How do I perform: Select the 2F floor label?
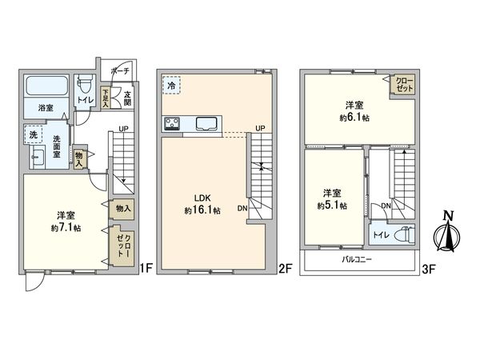click(283, 270)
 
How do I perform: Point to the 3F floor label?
click(428, 270)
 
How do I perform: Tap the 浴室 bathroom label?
click(46, 106)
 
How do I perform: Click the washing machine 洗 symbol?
click(33, 134)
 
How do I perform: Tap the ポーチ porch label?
click(120, 70)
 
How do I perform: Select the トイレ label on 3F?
click(383, 236)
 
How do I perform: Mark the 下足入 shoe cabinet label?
click(106, 97)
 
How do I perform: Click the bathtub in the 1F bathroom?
click(46, 86)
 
